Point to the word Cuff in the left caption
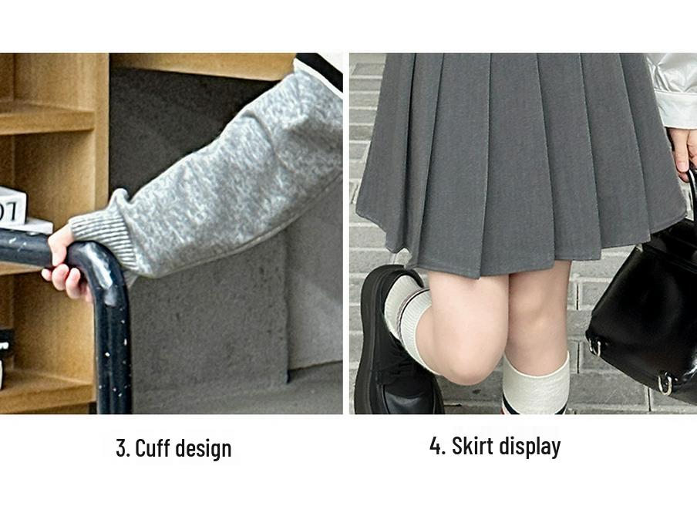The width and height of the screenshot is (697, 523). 153,448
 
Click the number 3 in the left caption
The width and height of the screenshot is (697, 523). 121,448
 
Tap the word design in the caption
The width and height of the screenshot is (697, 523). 204,448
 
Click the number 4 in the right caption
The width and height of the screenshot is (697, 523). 436,446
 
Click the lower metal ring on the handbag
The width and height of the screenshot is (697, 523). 665,382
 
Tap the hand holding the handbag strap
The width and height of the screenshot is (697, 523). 682,150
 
